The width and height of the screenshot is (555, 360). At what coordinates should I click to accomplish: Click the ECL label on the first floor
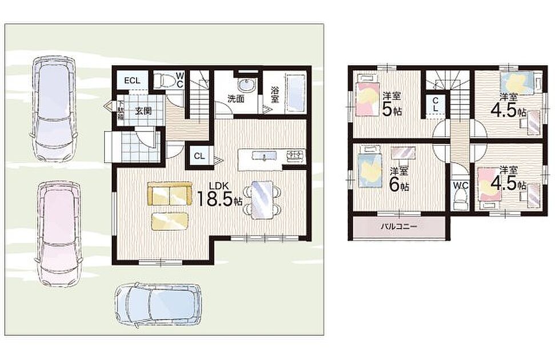(132, 81)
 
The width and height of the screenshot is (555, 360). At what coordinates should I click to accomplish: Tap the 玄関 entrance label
(143, 111)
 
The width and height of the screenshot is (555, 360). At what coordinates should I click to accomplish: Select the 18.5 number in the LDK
(215, 199)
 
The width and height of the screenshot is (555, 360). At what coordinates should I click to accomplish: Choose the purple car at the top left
(54, 109)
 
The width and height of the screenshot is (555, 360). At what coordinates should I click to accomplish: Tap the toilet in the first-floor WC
(164, 80)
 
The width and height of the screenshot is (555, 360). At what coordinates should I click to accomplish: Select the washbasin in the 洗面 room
(246, 85)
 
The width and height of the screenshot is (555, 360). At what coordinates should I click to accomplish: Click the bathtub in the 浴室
(296, 94)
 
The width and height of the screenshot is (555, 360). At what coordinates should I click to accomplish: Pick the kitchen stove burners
(295, 155)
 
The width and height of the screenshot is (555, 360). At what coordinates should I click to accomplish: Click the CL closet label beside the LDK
(199, 156)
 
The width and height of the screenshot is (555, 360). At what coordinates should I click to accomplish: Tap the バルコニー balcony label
(399, 226)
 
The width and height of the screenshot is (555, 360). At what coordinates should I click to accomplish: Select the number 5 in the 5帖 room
(387, 109)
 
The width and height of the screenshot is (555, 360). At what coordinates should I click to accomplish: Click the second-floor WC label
(461, 186)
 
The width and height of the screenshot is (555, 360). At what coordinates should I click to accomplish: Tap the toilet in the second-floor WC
(461, 200)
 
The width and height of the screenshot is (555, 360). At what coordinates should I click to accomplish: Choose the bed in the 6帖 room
(370, 167)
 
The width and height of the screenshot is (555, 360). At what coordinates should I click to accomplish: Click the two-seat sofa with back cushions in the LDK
(170, 194)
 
